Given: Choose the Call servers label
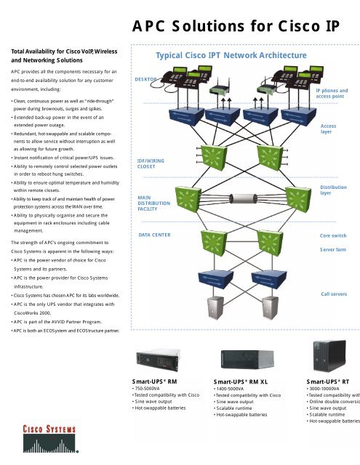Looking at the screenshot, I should pyautogui.click(x=335, y=294).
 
